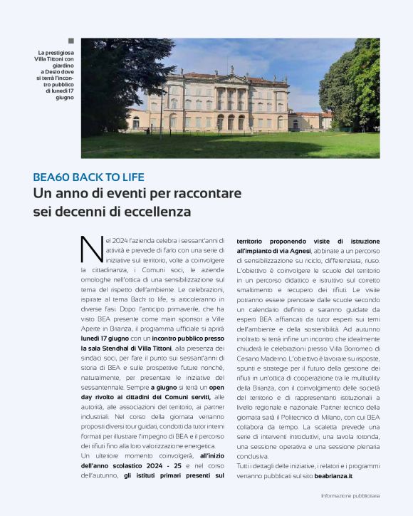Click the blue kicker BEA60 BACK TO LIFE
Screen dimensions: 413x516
click(88, 177)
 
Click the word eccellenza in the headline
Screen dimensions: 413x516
click(158, 212)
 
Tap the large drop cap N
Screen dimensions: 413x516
click(92, 250)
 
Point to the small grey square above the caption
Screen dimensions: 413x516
click(70, 41)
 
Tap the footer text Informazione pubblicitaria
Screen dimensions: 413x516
click(350, 495)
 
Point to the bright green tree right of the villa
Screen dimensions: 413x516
click(356, 86)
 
